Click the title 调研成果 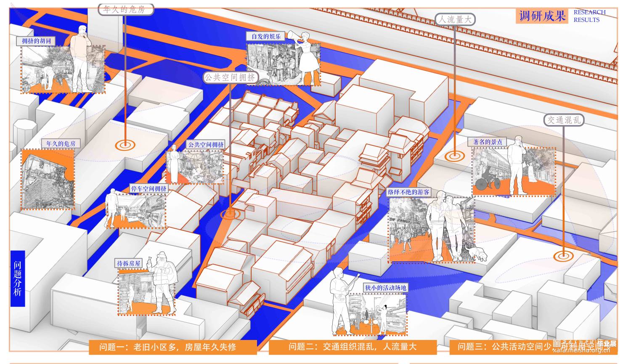(x=542, y=16)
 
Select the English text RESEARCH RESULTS (x=589, y=16)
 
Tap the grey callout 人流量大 (x=455, y=19)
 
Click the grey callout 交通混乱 (x=563, y=120)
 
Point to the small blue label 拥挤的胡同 (x=36, y=41)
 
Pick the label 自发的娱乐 (x=266, y=37)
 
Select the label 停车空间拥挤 (x=148, y=188)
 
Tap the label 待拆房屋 (x=129, y=263)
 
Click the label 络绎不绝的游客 (x=408, y=192)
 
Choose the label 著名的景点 (x=488, y=142)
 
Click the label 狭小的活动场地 (x=385, y=288)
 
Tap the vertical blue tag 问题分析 (x=18, y=278)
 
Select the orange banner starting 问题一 (x=173, y=347)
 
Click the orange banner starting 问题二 (x=353, y=347)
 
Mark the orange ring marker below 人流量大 (x=454, y=155)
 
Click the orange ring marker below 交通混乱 (x=563, y=255)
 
